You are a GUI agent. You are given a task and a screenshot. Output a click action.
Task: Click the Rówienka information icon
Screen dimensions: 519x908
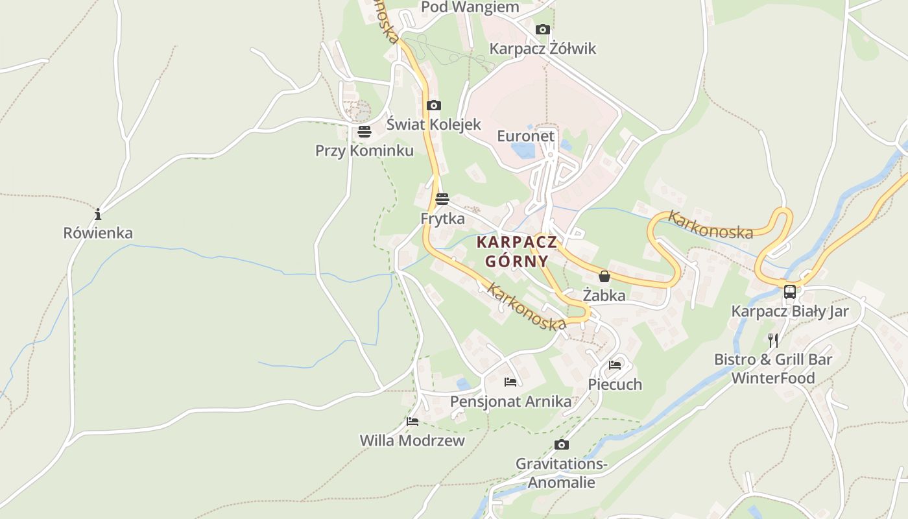pyautogui.click(x=98, y=214)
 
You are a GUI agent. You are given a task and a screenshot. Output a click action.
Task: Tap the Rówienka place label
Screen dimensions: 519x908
pyautogui.click(x=98, y=233)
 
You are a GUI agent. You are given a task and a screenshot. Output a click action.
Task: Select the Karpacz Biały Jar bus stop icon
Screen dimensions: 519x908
pyautogui.click(x=789, y=292)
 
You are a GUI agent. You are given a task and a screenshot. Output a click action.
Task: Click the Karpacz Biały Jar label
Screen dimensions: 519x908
pyautogui.click(x=789, y=311)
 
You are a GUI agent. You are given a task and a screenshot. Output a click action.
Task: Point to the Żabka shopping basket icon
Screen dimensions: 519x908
pyautogui.click(x=604, y=276)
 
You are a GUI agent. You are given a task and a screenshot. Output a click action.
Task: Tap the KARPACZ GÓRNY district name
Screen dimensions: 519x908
pyautogui.click(x=517, y=252)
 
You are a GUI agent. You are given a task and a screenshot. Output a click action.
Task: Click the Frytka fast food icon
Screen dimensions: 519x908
pyautogui.click(x=442, y=199)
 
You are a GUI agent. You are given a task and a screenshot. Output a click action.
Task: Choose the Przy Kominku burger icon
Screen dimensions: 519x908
pyautogui.click(x=364, y=132)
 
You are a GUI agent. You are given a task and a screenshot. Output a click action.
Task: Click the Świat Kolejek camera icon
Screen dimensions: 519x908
pyautogui.click(x=433, y=105)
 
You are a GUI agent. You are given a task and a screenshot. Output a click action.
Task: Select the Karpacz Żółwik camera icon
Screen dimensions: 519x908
pyautogui.click(x=543, y=29)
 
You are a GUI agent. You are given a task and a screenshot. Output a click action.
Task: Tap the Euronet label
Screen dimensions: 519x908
pyautogui.click(x=526, y=136)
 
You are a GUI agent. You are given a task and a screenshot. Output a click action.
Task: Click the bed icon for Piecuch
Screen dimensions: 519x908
pyautogui.click(x=615, y=365)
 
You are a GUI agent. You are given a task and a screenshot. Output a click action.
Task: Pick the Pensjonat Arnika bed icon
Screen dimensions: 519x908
pyautogui.click(x=510, y=381)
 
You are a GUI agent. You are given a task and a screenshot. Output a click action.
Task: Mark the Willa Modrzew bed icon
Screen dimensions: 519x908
pyautogui.click(x=412, y=421)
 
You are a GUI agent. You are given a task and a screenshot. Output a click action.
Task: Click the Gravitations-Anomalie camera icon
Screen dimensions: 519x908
pyautogui.click(x=562, y=444)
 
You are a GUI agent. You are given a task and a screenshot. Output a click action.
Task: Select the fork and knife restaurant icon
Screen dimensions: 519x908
pyautogui.click(x=772, y=339)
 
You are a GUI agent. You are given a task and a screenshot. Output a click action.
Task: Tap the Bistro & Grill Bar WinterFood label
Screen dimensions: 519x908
pyautogui.click(x=773, y=368)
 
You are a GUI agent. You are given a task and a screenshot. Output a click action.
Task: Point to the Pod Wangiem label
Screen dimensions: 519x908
pyautogui.click(x=470, y=7)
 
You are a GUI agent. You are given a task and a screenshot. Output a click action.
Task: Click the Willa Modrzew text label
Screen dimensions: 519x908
pyautogui.click(x=412, y=441)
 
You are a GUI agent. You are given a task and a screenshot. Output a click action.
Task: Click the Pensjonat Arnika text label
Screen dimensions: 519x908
pyautogui.click(x=511, y=402)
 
